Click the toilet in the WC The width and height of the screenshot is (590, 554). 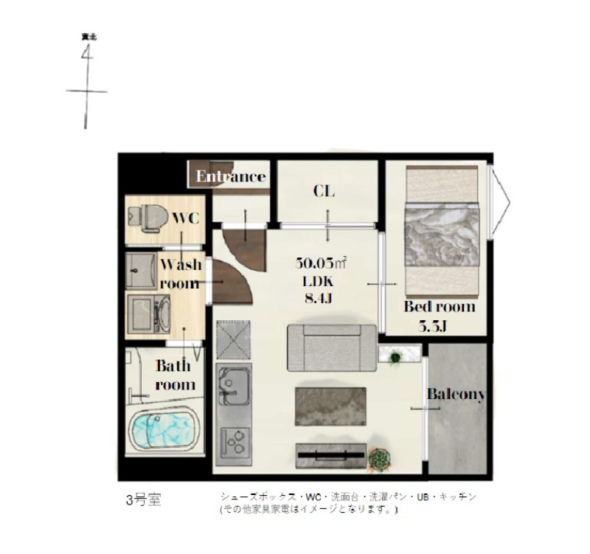pyautogui.click(x=147, y=216)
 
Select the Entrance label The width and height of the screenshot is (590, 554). pyautogui.click(x=230, y=177)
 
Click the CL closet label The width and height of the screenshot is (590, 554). pyautogui.click(x=324, y=192)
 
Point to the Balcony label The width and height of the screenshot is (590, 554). pyautogui.click(x=456, y=395)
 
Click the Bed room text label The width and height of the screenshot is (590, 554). pyautogui.click(x=440, y=307)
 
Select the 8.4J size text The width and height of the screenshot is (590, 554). pyautogui.click(x=319, y=298)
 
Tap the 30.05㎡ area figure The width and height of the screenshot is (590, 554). pyautogui.click(x=322, y=263)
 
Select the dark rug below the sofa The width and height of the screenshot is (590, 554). pyautogui.click(x=330, y=406)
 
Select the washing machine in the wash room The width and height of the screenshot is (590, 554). pyautogui.click(x=150, y=314)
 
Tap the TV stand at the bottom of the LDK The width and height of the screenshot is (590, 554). pyautogui.click(x=330, y=454)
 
